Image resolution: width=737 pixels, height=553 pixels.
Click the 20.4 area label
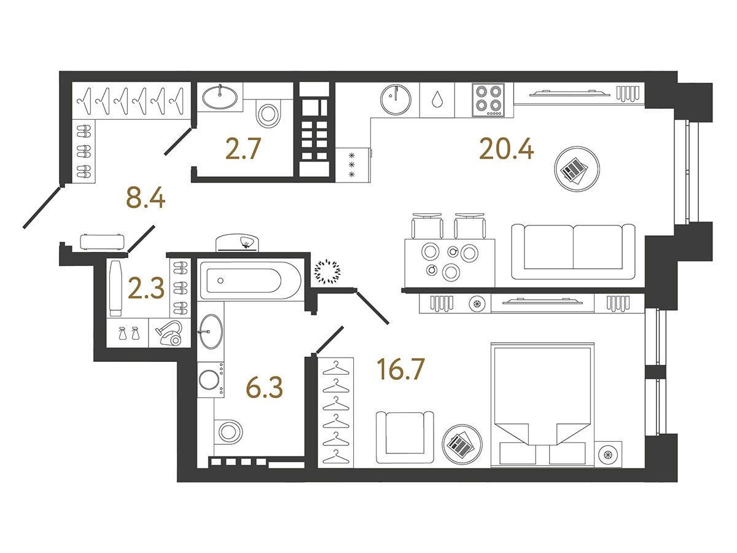pos(506,149)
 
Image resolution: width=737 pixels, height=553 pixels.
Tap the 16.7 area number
pos(400,369)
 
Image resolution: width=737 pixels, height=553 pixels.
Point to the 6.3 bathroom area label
pos(264,387)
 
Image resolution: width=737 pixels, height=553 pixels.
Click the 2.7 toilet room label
pos(243,149)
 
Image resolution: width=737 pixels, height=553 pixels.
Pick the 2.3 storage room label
pos(146,288)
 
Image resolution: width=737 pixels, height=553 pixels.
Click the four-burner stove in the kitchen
pos(488,100)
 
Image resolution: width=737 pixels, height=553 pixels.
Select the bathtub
pos(251,281)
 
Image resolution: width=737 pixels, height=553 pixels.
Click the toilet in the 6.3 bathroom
pos(228,431)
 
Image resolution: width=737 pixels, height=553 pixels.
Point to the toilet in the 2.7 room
pos(268,113)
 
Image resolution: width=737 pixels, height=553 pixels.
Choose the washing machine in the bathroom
pos(211,379)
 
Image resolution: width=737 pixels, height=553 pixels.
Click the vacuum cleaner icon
pos(170,333)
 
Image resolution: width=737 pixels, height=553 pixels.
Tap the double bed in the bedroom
pos(542,404)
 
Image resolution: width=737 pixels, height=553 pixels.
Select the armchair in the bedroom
pos(405,437)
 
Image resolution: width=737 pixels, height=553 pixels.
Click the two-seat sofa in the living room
pos(573,252)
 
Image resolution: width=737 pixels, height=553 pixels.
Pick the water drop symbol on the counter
pos(437,100)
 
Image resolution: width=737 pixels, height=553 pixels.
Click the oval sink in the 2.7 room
pos(220,96)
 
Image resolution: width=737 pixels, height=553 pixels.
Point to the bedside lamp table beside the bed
pos(608,454)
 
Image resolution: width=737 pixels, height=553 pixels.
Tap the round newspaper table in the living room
pos(577,169)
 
